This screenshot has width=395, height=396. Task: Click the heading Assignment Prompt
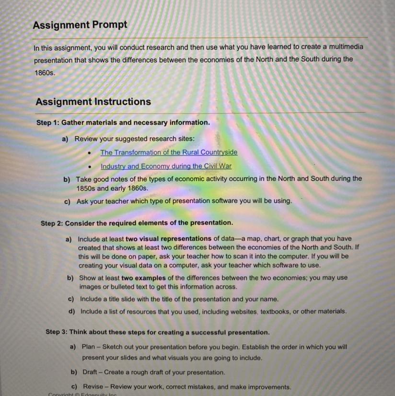coord(80,24)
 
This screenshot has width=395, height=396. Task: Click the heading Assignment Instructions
coord(93,102)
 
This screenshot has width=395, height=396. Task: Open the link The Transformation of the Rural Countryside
coord(168,152)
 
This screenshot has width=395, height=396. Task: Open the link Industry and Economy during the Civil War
coord(166,166)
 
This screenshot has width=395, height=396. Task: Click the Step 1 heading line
coord(123,123)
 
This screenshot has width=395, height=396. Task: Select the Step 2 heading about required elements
coord(137,223)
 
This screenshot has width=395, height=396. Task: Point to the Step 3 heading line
coord(157,332)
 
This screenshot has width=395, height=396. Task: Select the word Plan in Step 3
coord(88,346)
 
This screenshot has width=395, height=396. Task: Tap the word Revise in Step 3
coord(93,386)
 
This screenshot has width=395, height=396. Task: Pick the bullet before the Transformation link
coord(90,153)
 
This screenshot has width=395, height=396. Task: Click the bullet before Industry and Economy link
coord(90,167)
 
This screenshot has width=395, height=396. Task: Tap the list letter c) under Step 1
coord(67,201)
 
